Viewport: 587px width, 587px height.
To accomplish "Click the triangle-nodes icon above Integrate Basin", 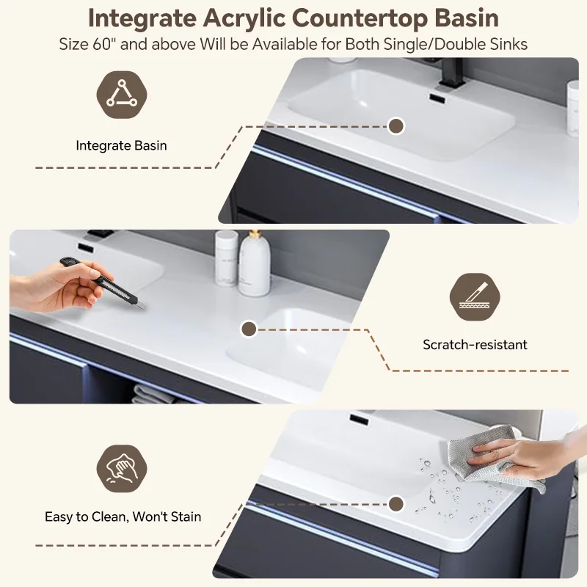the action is point(122,95).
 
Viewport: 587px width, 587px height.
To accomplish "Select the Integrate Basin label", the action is point(121,145).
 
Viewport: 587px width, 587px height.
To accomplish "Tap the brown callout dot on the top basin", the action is point(395,126).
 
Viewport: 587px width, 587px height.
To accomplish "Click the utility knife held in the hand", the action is point(102,282).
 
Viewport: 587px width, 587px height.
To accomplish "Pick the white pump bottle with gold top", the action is point(255,263).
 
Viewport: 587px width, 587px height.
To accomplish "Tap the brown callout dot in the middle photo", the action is point(249,329).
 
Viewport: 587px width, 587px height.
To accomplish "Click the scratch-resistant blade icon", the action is point(475,297).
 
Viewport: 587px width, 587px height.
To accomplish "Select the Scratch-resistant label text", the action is point(475,344).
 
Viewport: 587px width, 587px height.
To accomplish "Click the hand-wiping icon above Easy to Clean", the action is point(122,469).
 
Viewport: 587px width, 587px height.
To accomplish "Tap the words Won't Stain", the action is point(167,517).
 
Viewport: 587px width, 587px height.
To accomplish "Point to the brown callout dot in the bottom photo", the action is point(395,504).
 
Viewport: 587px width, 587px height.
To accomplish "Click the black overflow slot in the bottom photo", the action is point(360,418).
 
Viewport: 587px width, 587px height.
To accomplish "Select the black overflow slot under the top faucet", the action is point(437,98).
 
